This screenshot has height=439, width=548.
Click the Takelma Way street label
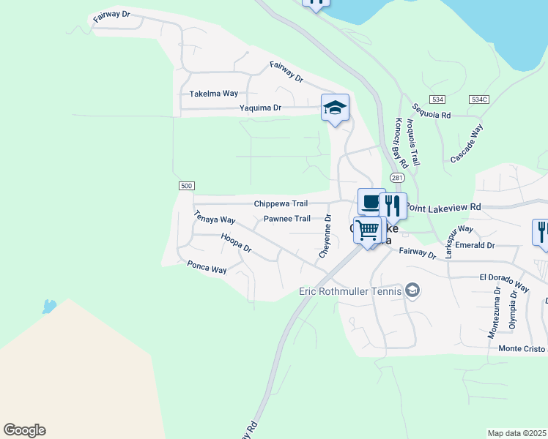click(214, 94)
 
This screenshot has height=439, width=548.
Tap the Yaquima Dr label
click(260, 108)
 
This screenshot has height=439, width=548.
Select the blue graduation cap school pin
click(335, 108)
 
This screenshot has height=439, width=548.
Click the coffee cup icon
click(371, 202)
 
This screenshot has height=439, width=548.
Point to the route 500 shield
click(186, 186)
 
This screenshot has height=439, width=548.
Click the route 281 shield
click(397, 178)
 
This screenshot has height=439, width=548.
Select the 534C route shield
click(479, 99)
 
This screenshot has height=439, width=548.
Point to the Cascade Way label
click(467, 143)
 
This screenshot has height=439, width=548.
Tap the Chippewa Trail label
click(281, 204)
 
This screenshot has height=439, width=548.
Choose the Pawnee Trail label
click(286, 219)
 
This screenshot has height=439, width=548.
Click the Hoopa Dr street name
click(236, 244)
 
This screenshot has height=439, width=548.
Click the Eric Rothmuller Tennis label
click(351, 291)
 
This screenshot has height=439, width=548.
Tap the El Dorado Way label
click(504, 282)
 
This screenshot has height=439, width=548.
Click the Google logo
click(24, 430)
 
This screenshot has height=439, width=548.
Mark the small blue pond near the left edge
click(49, 306)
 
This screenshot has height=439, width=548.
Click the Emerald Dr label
click(475, 246)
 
